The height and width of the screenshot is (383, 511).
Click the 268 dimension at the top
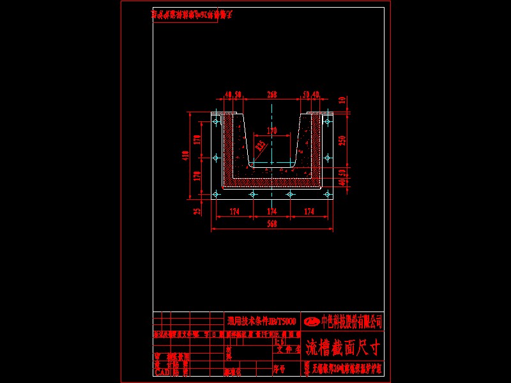click(272, 94)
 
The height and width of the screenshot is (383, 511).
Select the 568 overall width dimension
click(272, 223)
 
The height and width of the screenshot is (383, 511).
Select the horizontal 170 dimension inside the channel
click(272, 131)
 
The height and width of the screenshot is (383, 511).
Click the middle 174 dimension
click(272, 211)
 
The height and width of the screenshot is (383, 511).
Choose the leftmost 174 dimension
click(234, 211)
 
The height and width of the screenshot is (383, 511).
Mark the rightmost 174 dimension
click(310, 211)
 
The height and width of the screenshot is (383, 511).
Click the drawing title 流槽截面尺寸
click(342, 348)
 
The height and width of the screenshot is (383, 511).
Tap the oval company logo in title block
click(312, 320)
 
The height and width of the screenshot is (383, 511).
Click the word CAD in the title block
click(162, 371)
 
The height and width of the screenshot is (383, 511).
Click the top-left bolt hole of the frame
click(216, 120)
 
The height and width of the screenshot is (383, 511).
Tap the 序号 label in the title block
click(277, 369)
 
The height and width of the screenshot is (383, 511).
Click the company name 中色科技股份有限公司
click(351, 320)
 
